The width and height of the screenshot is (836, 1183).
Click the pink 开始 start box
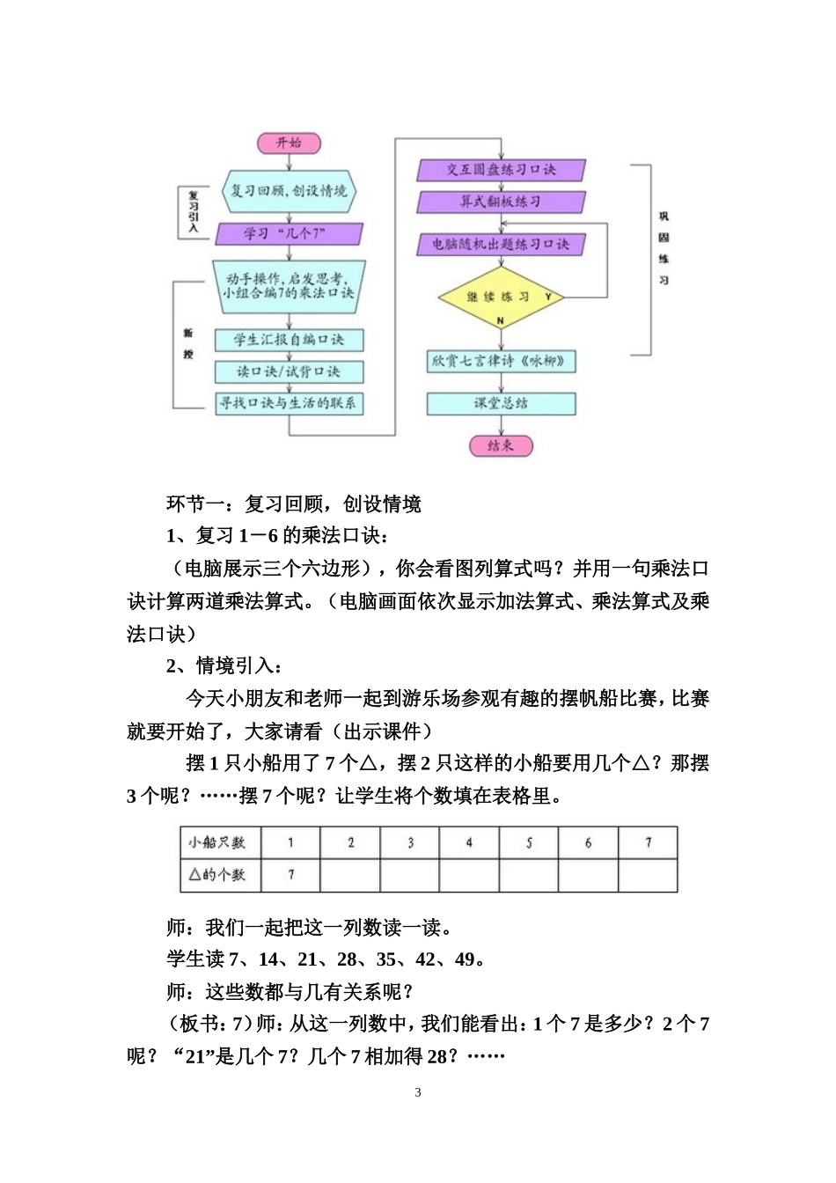pos(289,143)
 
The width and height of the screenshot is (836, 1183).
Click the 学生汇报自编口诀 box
pos(289,340)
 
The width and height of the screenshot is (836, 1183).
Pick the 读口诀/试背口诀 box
pos(289,371)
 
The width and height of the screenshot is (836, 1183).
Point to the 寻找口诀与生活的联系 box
pos(289,403)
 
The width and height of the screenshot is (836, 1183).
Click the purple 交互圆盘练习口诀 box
pos(501,170)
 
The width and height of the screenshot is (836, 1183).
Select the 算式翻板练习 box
pos(501,202)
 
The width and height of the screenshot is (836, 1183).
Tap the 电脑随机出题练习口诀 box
pos(501,244)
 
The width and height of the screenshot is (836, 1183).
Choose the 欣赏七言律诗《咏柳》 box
pos(501,361)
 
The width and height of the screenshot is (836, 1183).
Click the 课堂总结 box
pos(501,403)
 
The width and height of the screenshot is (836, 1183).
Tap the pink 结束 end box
pos(501,445)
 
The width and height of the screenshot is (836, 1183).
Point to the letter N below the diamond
pos(501,322)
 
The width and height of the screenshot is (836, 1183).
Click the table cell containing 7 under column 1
pos(291,875)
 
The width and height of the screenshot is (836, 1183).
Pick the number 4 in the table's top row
pos(469,842)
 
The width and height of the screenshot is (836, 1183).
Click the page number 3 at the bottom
pos(418,1092)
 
